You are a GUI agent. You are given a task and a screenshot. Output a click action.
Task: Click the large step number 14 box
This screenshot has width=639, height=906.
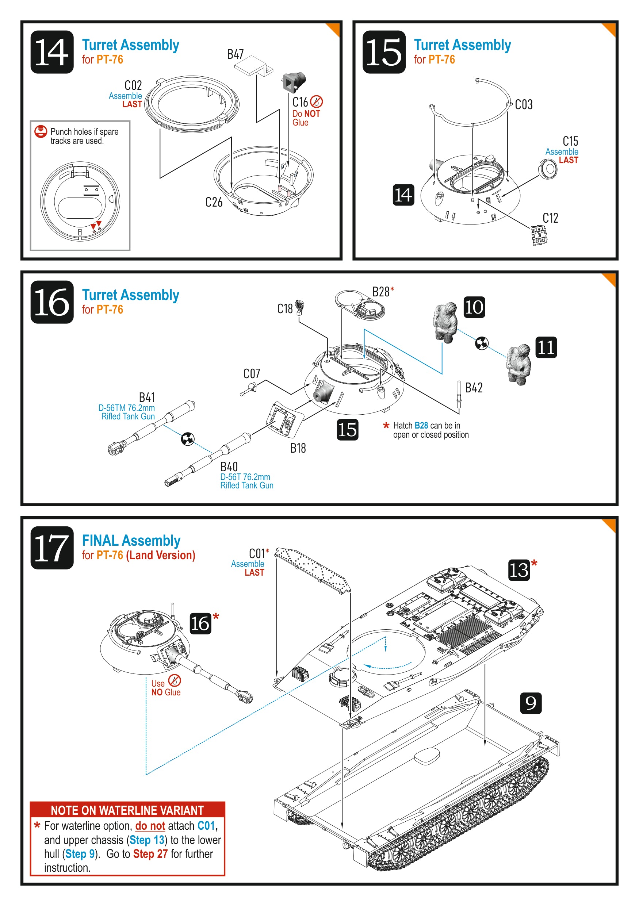pos(52,52)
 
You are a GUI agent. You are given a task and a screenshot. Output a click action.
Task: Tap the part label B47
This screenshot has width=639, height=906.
pos(235,54)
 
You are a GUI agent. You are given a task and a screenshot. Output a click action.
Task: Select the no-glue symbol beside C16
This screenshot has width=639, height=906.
pos(317,102)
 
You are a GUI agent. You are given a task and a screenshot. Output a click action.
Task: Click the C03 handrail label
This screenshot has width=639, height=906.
pos(524,104)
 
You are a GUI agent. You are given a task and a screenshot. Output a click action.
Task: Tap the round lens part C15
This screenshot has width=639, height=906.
pos(548,169)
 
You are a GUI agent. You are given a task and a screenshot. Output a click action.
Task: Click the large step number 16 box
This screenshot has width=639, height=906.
pos(52,302)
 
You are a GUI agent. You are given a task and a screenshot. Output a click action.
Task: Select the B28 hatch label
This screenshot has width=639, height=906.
pos(381,292)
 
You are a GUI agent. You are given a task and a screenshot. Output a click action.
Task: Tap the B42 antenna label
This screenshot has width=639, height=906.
pos(474,388)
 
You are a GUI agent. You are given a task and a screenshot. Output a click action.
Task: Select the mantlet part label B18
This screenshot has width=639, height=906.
pos(298,448)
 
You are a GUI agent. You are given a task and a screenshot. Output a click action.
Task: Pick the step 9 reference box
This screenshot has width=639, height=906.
pos(531,703)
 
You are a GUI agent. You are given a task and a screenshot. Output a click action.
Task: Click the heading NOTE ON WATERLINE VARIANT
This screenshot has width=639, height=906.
pos(127,810)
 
